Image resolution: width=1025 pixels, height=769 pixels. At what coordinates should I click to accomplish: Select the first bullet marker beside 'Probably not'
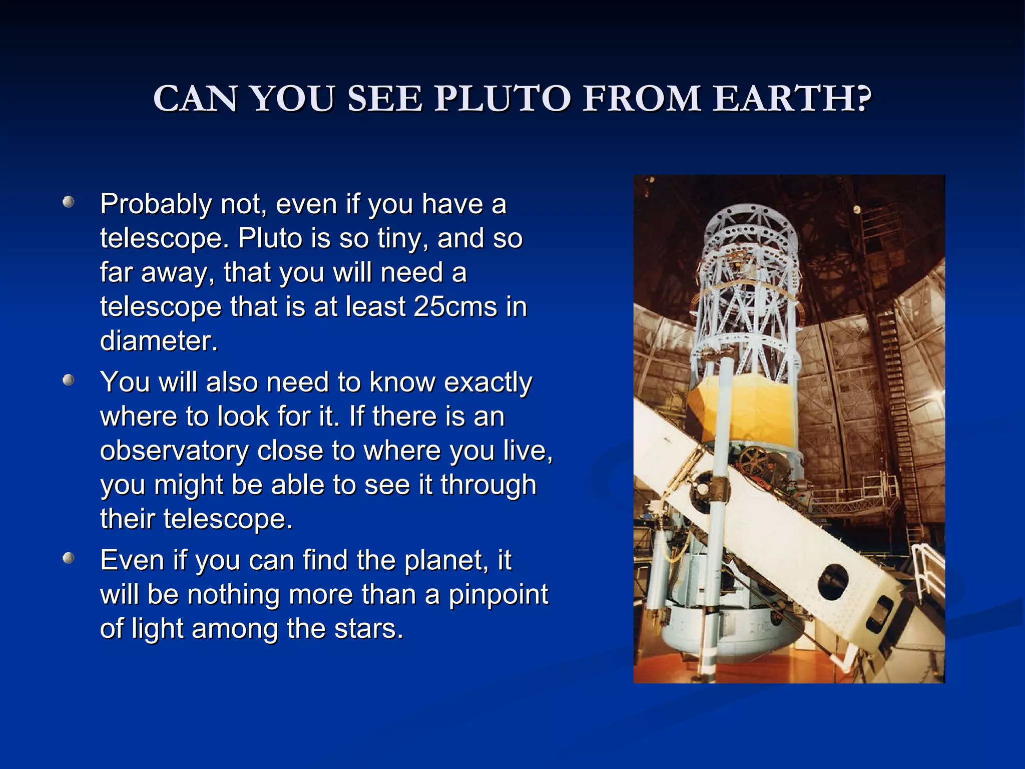point(69,202)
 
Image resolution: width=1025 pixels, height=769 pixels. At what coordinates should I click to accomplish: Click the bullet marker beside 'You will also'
point(69,380)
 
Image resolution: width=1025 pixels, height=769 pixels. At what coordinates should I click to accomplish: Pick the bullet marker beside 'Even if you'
point(69,558)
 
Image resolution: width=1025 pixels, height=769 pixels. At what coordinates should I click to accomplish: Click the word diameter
point(159,341)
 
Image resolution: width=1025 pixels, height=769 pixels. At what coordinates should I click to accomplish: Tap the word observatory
point(174,451)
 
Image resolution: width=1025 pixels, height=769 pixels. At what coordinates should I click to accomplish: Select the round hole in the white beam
point(832,582)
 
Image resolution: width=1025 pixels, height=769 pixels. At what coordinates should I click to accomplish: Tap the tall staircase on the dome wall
point(898,401)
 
